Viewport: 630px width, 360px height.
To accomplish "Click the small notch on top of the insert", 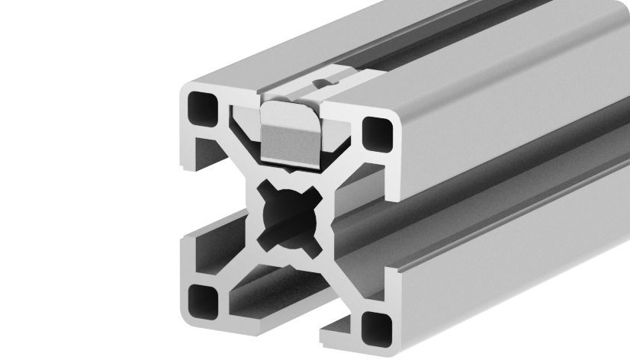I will coord(326,78).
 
